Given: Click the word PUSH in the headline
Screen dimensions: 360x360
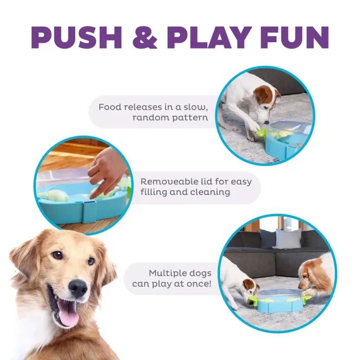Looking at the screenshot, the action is click(77, 38).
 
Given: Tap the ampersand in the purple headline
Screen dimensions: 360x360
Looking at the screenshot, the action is click(145, 38).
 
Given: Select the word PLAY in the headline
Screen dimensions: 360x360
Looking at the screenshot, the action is click(210, 38).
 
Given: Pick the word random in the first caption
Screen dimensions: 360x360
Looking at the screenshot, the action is click(150, 118).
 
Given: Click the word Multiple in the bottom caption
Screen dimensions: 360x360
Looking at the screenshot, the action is click(167, 273).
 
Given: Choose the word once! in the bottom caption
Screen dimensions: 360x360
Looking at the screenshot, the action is click(199, 284).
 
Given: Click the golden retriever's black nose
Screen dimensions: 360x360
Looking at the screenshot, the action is click(78, 288).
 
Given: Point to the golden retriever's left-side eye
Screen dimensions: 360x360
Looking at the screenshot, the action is click(58, 255).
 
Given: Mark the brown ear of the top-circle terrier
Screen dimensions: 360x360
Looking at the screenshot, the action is click(262, 94).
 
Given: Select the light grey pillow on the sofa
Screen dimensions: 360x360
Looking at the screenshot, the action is click(287, 239).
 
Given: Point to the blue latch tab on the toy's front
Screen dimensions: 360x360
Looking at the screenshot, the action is click(89, 211).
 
